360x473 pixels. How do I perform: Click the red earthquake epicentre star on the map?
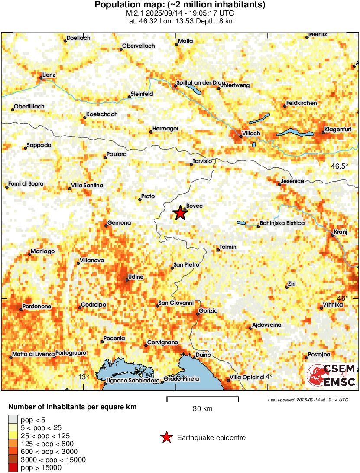179,213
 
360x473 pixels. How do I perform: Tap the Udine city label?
136,277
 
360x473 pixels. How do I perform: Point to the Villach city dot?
241,137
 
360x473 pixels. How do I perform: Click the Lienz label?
49,75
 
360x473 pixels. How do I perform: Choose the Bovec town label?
194,206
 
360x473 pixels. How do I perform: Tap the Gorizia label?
208,310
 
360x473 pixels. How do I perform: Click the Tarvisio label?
202,161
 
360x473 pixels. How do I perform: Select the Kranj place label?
341,232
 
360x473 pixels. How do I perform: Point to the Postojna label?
319,355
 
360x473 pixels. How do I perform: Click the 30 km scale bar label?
202,408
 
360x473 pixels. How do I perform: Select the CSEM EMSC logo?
331,375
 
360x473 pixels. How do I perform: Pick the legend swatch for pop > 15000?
13,468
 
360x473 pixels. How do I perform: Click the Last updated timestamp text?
308,400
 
